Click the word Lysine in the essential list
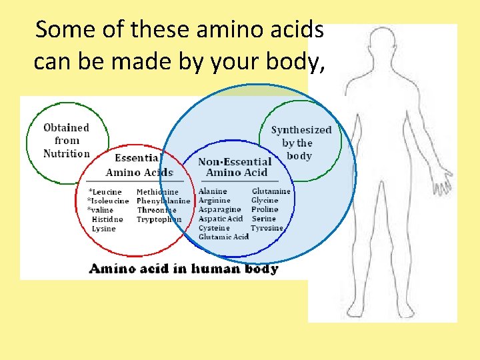pyautogui.click(x=103, y=229)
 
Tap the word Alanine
pyautogui.click(x=213, y=191)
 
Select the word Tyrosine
pyautogui.click(x=267, y=228)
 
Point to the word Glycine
pyautogui.click(x=265, y=200)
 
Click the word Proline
pyautogui.click(x=265, y=209)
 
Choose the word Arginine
pyautogui.click(x=214, y=200)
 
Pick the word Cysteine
pyautogui.click(x=214, y=228)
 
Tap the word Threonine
pyautogui.click(x=157, y=210)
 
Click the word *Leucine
pyautogui.click(x=105, y=192)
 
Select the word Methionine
pyautogui.click(x=157, y=192)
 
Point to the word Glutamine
pyautogui.click(x=271, y=191)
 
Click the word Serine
pyautogui.click(x=264, y=219)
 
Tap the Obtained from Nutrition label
pyautogui.click(x=66, y=141)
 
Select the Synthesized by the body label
pyautogui.click(x=301, y=143)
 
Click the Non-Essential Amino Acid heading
pyautogui.click(x=235, y=167)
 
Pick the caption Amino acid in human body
pyautogui.click(x=183, y=269)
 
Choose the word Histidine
pyautogui.click(x=107, y=219)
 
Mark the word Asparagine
pyautogui.click(x=219, y=209)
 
